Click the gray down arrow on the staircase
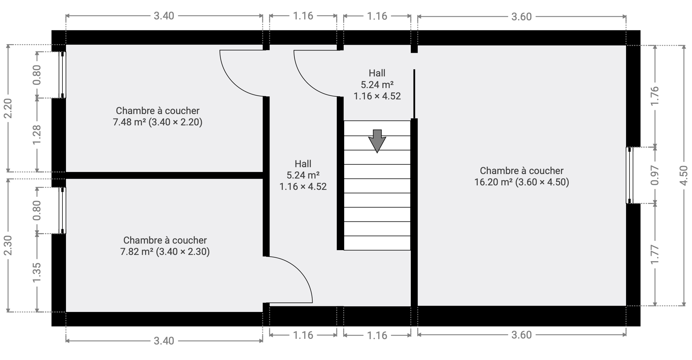(377, 141)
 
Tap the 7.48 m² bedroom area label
(158, 116)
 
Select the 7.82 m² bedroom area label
(165, 246)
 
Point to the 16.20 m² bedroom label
(522, 176)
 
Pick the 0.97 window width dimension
(654, 175)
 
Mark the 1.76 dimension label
(654, 96)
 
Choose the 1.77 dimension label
(654, 255)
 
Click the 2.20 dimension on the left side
(8, 108)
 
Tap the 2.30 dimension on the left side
(8, 245)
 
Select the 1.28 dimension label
(37, 135)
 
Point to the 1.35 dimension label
(37, 273)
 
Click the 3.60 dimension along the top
(522, 17)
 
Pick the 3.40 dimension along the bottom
(164, 341)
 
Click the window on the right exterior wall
(629, 175)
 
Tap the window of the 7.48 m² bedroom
(62, 75)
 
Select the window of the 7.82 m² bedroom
(62, 211)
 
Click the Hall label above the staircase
(377, 73)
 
